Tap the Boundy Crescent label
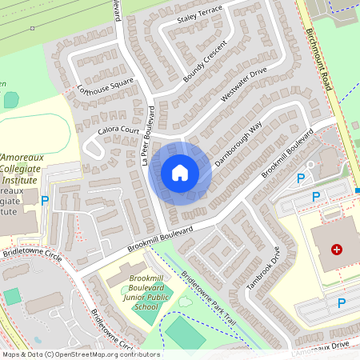pos(205,61)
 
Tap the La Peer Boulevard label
pos(146,137)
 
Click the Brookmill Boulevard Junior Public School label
pos(134,292)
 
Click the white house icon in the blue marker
pos(180,172)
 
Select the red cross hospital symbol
pos(337,250)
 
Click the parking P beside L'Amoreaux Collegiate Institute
pos(45,201)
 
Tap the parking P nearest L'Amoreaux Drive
pos(342,302)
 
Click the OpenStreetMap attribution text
pos(80,354)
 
